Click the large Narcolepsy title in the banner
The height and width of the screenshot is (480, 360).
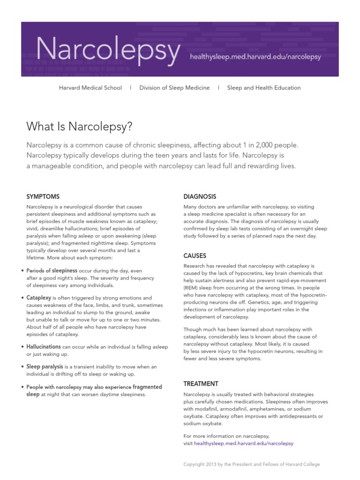coord(107,51)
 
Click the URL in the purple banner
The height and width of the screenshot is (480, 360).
coord(255,57)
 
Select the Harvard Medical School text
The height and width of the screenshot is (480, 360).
coord(90,88)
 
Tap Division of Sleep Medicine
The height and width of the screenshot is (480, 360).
coord(174,88)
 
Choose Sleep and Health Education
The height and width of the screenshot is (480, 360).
coord(264,88)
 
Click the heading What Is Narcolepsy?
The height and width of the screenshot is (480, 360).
coord(80,126)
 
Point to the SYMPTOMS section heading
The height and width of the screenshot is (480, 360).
coord(43,196)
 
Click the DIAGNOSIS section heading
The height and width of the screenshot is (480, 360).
coord(200,196)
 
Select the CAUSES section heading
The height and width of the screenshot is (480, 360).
coord(195,255)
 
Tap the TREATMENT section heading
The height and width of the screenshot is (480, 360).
coord(201,383)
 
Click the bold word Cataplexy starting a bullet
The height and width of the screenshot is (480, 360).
coord(39,298)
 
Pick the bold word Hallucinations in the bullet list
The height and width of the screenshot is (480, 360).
coord(44,346)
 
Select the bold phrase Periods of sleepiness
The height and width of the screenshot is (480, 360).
coord(52,270)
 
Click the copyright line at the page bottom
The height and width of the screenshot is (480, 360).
coord(251,464)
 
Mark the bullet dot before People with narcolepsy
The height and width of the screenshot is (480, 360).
coord(22,387)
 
